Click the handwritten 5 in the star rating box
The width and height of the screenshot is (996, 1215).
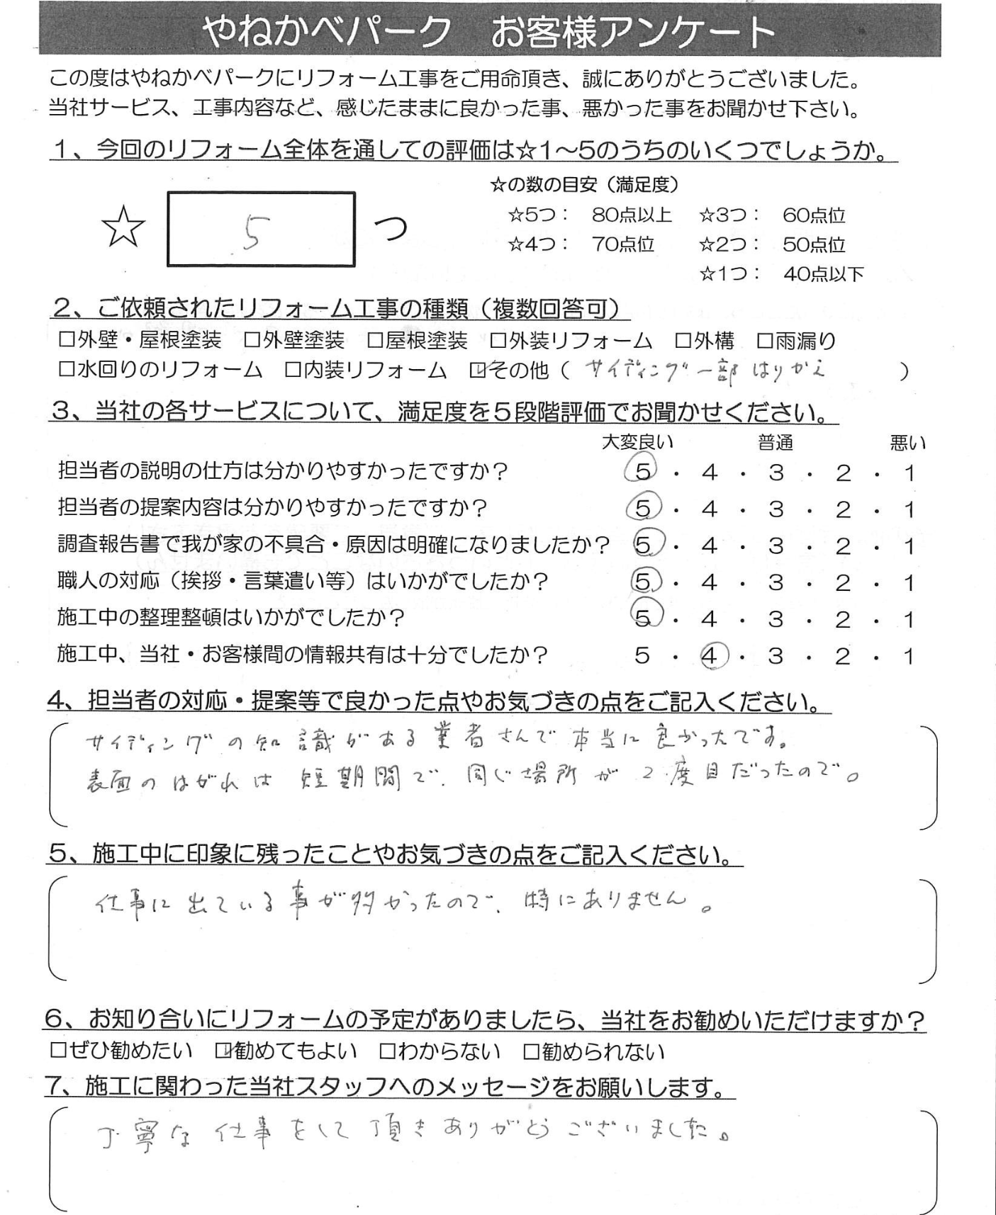[250, 231]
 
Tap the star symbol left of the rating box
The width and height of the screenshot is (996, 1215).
[123, 228]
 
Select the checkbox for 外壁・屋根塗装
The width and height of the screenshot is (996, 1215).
[67, 341]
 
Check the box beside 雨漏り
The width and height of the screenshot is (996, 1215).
[764, 341]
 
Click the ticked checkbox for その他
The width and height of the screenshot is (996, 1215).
[477, 371]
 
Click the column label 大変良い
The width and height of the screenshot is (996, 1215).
[637, 443]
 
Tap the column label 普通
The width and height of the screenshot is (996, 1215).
[775, 443]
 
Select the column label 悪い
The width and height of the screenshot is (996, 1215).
[907, 443]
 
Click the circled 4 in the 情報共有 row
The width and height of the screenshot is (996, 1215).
[710, 656]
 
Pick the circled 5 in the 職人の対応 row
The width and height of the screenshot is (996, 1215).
[643, 582]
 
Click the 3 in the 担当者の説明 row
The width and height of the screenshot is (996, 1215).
[776, 473]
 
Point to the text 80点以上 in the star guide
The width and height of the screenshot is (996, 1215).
[631, 215]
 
